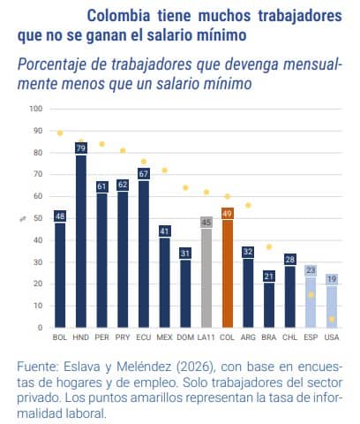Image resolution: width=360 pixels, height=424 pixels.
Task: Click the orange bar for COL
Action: (227, 274)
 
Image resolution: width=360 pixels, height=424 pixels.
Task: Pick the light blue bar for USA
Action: (332, 305)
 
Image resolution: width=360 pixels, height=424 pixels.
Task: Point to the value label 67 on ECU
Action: (144, 174)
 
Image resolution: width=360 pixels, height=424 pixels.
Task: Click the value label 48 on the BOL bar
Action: (60, 216)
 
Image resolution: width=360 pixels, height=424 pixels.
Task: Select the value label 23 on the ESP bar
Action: (311, 270)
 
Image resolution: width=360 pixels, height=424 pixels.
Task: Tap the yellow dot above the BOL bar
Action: (60, 133)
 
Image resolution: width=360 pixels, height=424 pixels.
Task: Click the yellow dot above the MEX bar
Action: (164, 170)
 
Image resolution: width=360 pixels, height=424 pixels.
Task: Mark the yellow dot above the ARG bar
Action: (248, 205)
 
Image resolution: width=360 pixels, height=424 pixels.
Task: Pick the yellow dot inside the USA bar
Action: (332, 319)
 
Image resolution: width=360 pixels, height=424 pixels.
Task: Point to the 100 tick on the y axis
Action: (36, 110)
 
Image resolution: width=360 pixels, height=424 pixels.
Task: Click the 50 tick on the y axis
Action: (36, 218)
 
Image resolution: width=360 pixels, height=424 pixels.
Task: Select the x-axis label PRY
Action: (123, 337)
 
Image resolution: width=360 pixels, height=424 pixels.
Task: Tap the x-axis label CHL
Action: (289, 337)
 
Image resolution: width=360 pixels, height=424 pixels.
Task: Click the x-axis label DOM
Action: (185, 337)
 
